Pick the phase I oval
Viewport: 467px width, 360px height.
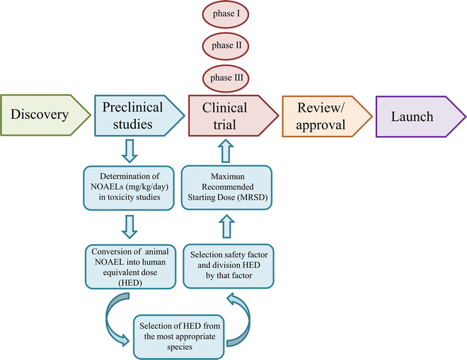(226, 14)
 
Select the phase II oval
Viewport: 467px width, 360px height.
(226, 46)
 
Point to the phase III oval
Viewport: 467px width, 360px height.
(226, 77)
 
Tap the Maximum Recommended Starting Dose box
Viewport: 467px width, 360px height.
(227, 187)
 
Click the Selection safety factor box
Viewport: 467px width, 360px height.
(227, 266)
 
